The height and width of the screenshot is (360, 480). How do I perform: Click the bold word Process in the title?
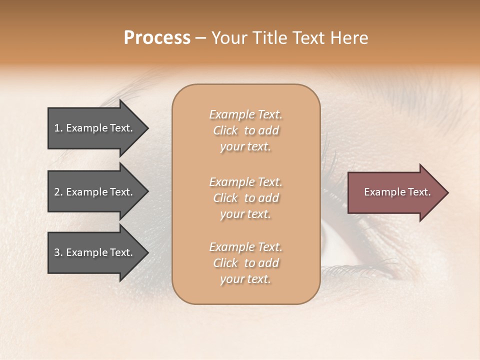click(157, 38)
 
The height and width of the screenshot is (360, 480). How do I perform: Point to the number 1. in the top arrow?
click(58, 128)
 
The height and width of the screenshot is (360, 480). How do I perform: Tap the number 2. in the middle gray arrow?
click(58, 192)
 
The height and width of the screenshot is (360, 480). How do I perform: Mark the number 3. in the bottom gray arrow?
click(58, 252)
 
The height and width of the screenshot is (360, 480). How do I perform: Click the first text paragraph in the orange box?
click(245, 130)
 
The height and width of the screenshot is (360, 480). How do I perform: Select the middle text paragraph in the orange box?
click(245, 198)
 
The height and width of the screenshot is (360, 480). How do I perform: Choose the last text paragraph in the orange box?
click(245, 263)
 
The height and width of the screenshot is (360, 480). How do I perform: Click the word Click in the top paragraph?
click(225, 130)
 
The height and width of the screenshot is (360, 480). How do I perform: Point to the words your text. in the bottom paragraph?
click(245, 279)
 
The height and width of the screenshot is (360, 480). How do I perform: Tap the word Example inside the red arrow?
click(380, 192)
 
